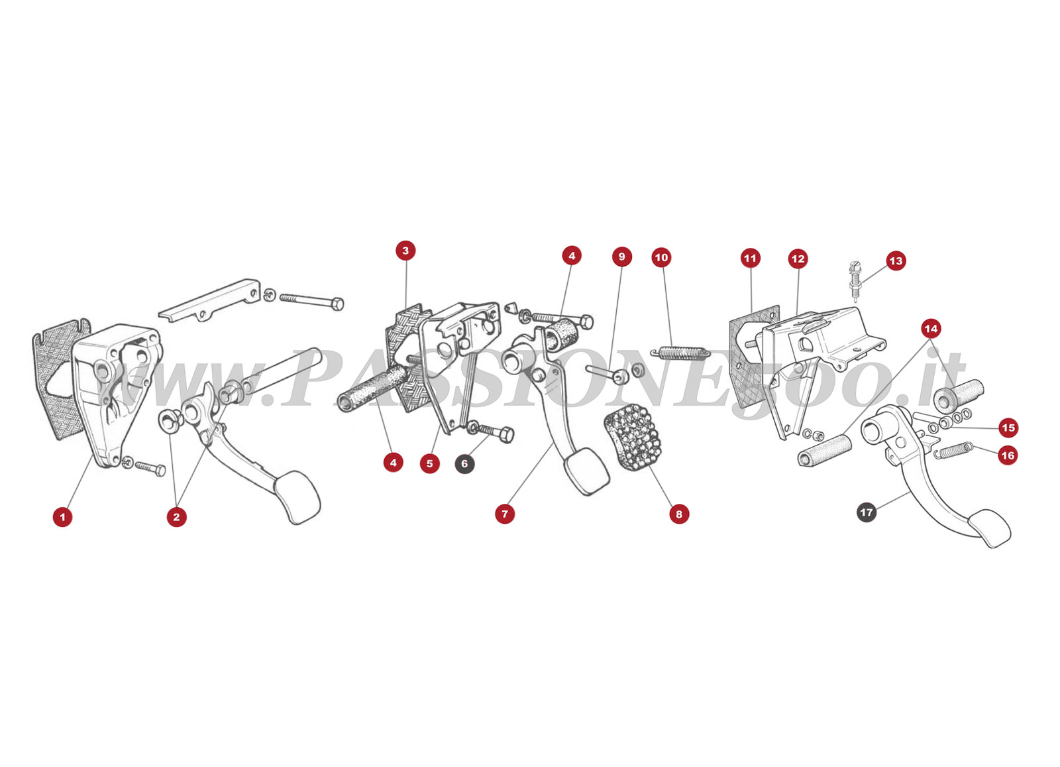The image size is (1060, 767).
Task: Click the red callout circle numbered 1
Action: click(x=62, y=517)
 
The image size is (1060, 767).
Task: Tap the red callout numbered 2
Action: click(x=176, y=517)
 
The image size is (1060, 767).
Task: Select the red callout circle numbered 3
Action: click(x=405, y=251)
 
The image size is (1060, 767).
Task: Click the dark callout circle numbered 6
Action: click(x=464, y=463)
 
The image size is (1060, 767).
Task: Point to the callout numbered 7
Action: click(x=505, y=514)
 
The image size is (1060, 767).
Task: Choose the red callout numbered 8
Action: click(x=679, y=514)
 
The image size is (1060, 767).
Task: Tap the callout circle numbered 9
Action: click(x=622, y=257)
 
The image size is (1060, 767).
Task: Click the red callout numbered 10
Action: click(x=661, y=257)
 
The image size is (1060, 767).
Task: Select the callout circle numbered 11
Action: click(x=751, y=258)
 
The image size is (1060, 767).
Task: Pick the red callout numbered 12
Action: click(x=798, y=259)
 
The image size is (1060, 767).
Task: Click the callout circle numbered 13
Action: click(x=896, y=261)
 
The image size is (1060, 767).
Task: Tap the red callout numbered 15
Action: click(x=1008, y=428)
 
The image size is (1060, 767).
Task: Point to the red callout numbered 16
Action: click(x=1008, y=455)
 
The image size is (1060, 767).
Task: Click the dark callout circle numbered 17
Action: click(x=867, y=512)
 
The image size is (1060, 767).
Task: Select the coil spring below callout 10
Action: click(x=680, y=353)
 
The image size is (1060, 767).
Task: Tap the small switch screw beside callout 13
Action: click(x=855, y=281)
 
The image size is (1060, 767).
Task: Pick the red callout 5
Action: click(x=430, y=463)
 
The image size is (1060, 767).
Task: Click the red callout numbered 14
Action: click(x=931, y=329)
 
